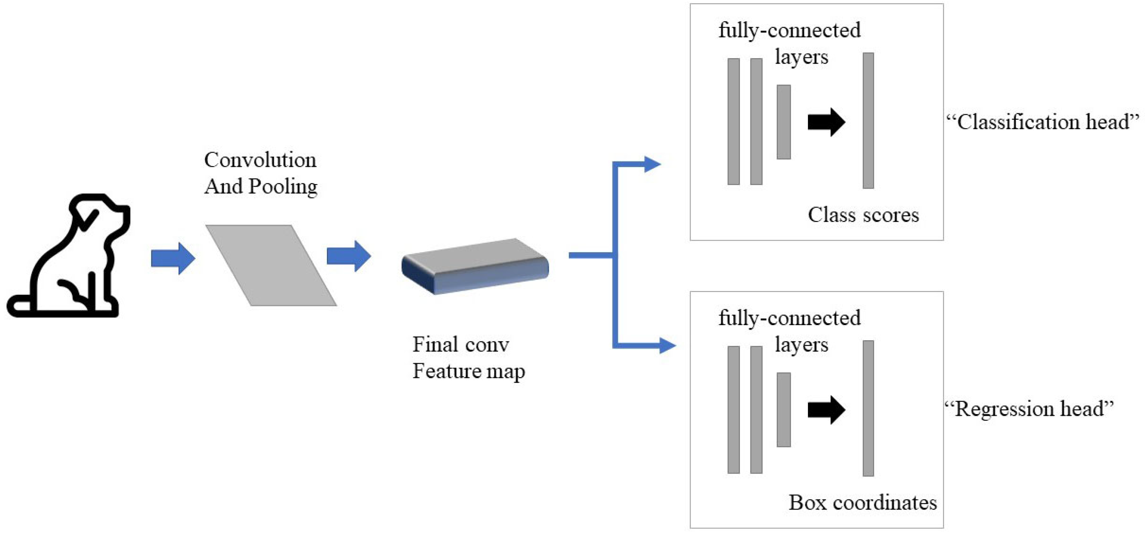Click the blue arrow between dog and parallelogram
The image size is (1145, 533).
tap(173, 258)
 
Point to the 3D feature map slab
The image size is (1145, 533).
tap(475, 266)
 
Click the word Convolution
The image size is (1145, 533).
tap(260, 160)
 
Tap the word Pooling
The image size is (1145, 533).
tap(283, 187)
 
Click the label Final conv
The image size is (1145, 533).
tap(461, 344)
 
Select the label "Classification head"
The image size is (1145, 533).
tap(1043, 122)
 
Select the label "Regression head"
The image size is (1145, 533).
tap(1029, 409)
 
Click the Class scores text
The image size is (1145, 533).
tap(863, 215)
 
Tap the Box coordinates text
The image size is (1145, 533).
tap(862, 503)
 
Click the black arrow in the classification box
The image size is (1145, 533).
tap(826, 122)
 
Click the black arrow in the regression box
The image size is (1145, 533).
tap(826, 410)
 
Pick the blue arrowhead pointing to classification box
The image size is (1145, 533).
tap(652, 164)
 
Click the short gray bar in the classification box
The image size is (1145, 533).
tap(783, 122)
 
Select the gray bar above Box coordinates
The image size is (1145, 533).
tap(868, 408)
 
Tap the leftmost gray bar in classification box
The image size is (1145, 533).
tap(733, 121)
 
